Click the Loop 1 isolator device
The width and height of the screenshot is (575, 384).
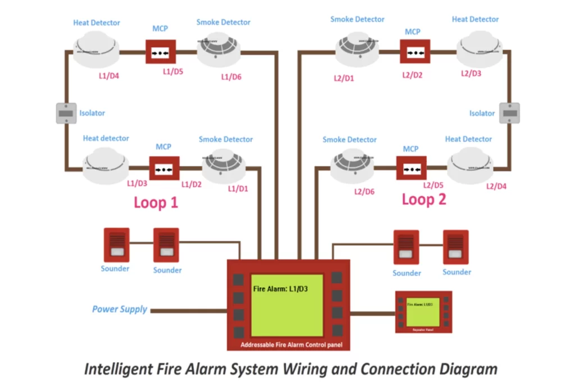(x=66, y=113)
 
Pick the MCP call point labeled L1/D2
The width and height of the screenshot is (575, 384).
(x=164, y=168)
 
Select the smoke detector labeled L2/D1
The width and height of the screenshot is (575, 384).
(x=358, y=50)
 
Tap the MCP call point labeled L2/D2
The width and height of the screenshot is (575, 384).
(x=415, y=52)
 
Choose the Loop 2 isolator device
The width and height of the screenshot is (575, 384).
(x=509, y=112)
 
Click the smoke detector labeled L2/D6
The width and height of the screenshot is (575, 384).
(x=352, y=168)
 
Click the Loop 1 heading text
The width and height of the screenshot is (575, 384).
(x=156, y=202)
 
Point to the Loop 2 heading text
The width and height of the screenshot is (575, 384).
(x=424, y=200)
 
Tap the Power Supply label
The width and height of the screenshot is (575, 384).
(x=120, y=309)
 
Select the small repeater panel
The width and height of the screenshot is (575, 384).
(x=423, y=312)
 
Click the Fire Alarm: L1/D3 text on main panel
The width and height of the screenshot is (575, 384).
(x=279, y=290)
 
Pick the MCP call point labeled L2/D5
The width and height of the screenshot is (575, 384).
(x=412, y=168)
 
